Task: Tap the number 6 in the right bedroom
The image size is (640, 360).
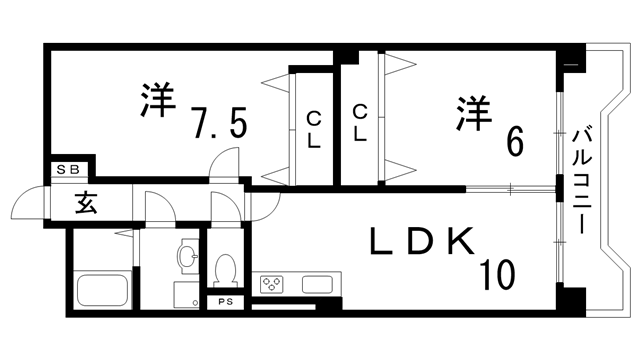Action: (514, 142)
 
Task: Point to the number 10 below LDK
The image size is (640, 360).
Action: (496, 272)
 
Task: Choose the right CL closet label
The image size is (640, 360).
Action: (360, 122)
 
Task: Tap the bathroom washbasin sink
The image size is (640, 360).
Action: (187, 258)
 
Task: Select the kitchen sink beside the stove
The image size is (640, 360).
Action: (320, 283)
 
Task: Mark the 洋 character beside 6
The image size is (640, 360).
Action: (475, 112)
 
